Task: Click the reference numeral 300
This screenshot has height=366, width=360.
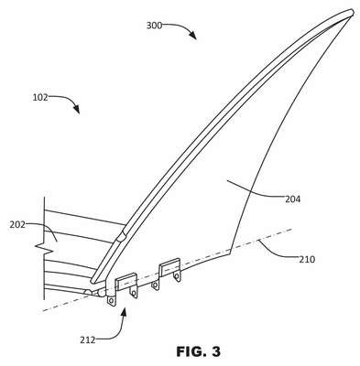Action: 154,26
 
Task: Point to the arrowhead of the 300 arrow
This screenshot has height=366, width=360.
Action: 192,35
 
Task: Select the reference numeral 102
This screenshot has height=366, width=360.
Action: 40,98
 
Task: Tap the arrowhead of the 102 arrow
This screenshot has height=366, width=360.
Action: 76,110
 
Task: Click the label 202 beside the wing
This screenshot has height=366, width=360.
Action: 17,225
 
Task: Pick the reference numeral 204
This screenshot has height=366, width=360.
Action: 293,199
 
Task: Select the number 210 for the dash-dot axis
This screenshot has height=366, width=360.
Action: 307,260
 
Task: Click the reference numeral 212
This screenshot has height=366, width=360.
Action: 88,339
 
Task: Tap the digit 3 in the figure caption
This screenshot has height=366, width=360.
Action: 215,352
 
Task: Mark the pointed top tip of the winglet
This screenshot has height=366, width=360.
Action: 352,12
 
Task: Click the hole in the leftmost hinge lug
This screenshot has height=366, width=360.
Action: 111,301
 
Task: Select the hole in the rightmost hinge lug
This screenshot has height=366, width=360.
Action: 176,276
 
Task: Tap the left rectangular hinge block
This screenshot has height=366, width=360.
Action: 126,282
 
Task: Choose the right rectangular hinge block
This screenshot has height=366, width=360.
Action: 169,265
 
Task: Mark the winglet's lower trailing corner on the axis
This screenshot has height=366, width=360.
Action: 229,253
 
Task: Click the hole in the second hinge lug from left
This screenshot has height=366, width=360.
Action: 134,294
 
